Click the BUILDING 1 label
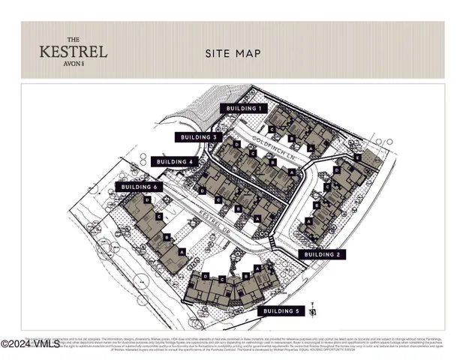coord(242,109)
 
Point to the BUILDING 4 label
coord(174,161)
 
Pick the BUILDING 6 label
coord(139,186)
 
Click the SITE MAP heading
coord(233,53)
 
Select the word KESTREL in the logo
coord(73,52)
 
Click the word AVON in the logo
coord(71,63)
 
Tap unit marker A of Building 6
coord(183,252)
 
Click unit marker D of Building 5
coord(213,277)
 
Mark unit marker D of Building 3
coord(236,143)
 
